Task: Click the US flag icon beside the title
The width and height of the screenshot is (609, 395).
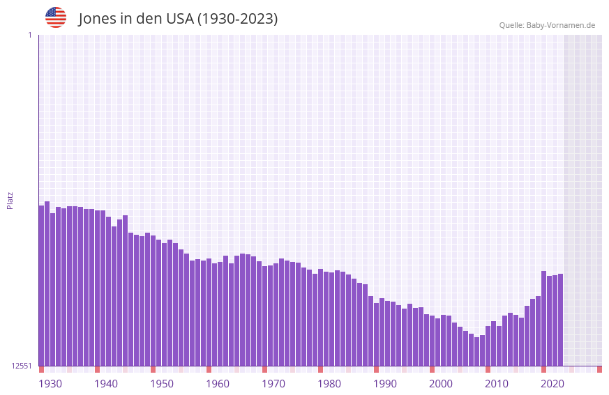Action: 56,17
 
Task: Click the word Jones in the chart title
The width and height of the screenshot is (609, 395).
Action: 97,19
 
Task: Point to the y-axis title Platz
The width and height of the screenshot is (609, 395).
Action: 10,200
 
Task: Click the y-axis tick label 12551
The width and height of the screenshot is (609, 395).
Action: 22,366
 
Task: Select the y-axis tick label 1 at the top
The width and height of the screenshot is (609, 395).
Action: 29,35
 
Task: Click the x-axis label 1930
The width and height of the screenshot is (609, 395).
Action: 50,384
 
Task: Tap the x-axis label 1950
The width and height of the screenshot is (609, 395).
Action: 162,384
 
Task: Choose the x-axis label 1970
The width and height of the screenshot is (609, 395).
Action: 273,384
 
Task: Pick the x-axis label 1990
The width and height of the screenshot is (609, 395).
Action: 385,384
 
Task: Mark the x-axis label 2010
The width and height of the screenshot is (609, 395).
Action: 497,384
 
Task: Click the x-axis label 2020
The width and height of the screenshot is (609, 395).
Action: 552,384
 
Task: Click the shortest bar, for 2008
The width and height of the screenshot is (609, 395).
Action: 477,352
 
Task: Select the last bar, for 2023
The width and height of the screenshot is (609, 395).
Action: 560,320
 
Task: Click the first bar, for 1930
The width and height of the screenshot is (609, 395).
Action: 42,286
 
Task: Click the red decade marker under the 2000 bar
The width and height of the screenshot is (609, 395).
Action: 433,369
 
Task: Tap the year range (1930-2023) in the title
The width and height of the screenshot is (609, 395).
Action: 237,19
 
